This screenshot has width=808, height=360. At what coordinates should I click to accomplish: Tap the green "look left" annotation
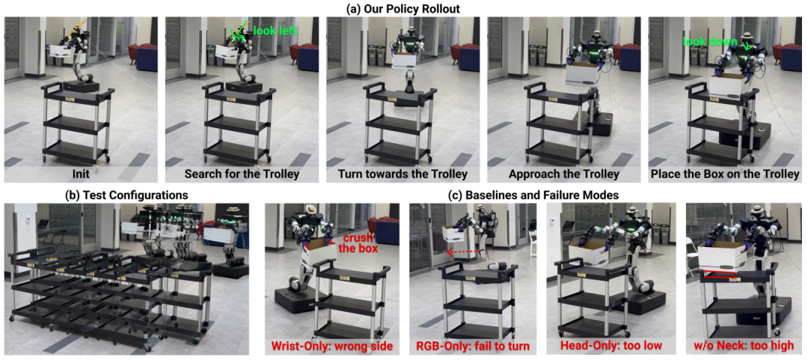pos(275,31)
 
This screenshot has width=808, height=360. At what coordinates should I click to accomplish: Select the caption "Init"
pos(81,174)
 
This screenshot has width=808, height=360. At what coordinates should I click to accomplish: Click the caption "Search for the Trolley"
pos(242,174)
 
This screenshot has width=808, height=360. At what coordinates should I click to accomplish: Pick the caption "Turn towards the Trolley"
pos(403,174)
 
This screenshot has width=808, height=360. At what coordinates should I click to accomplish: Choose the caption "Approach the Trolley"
pos(564,174)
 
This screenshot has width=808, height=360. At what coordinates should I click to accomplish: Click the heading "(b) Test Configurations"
pos(126,195)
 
